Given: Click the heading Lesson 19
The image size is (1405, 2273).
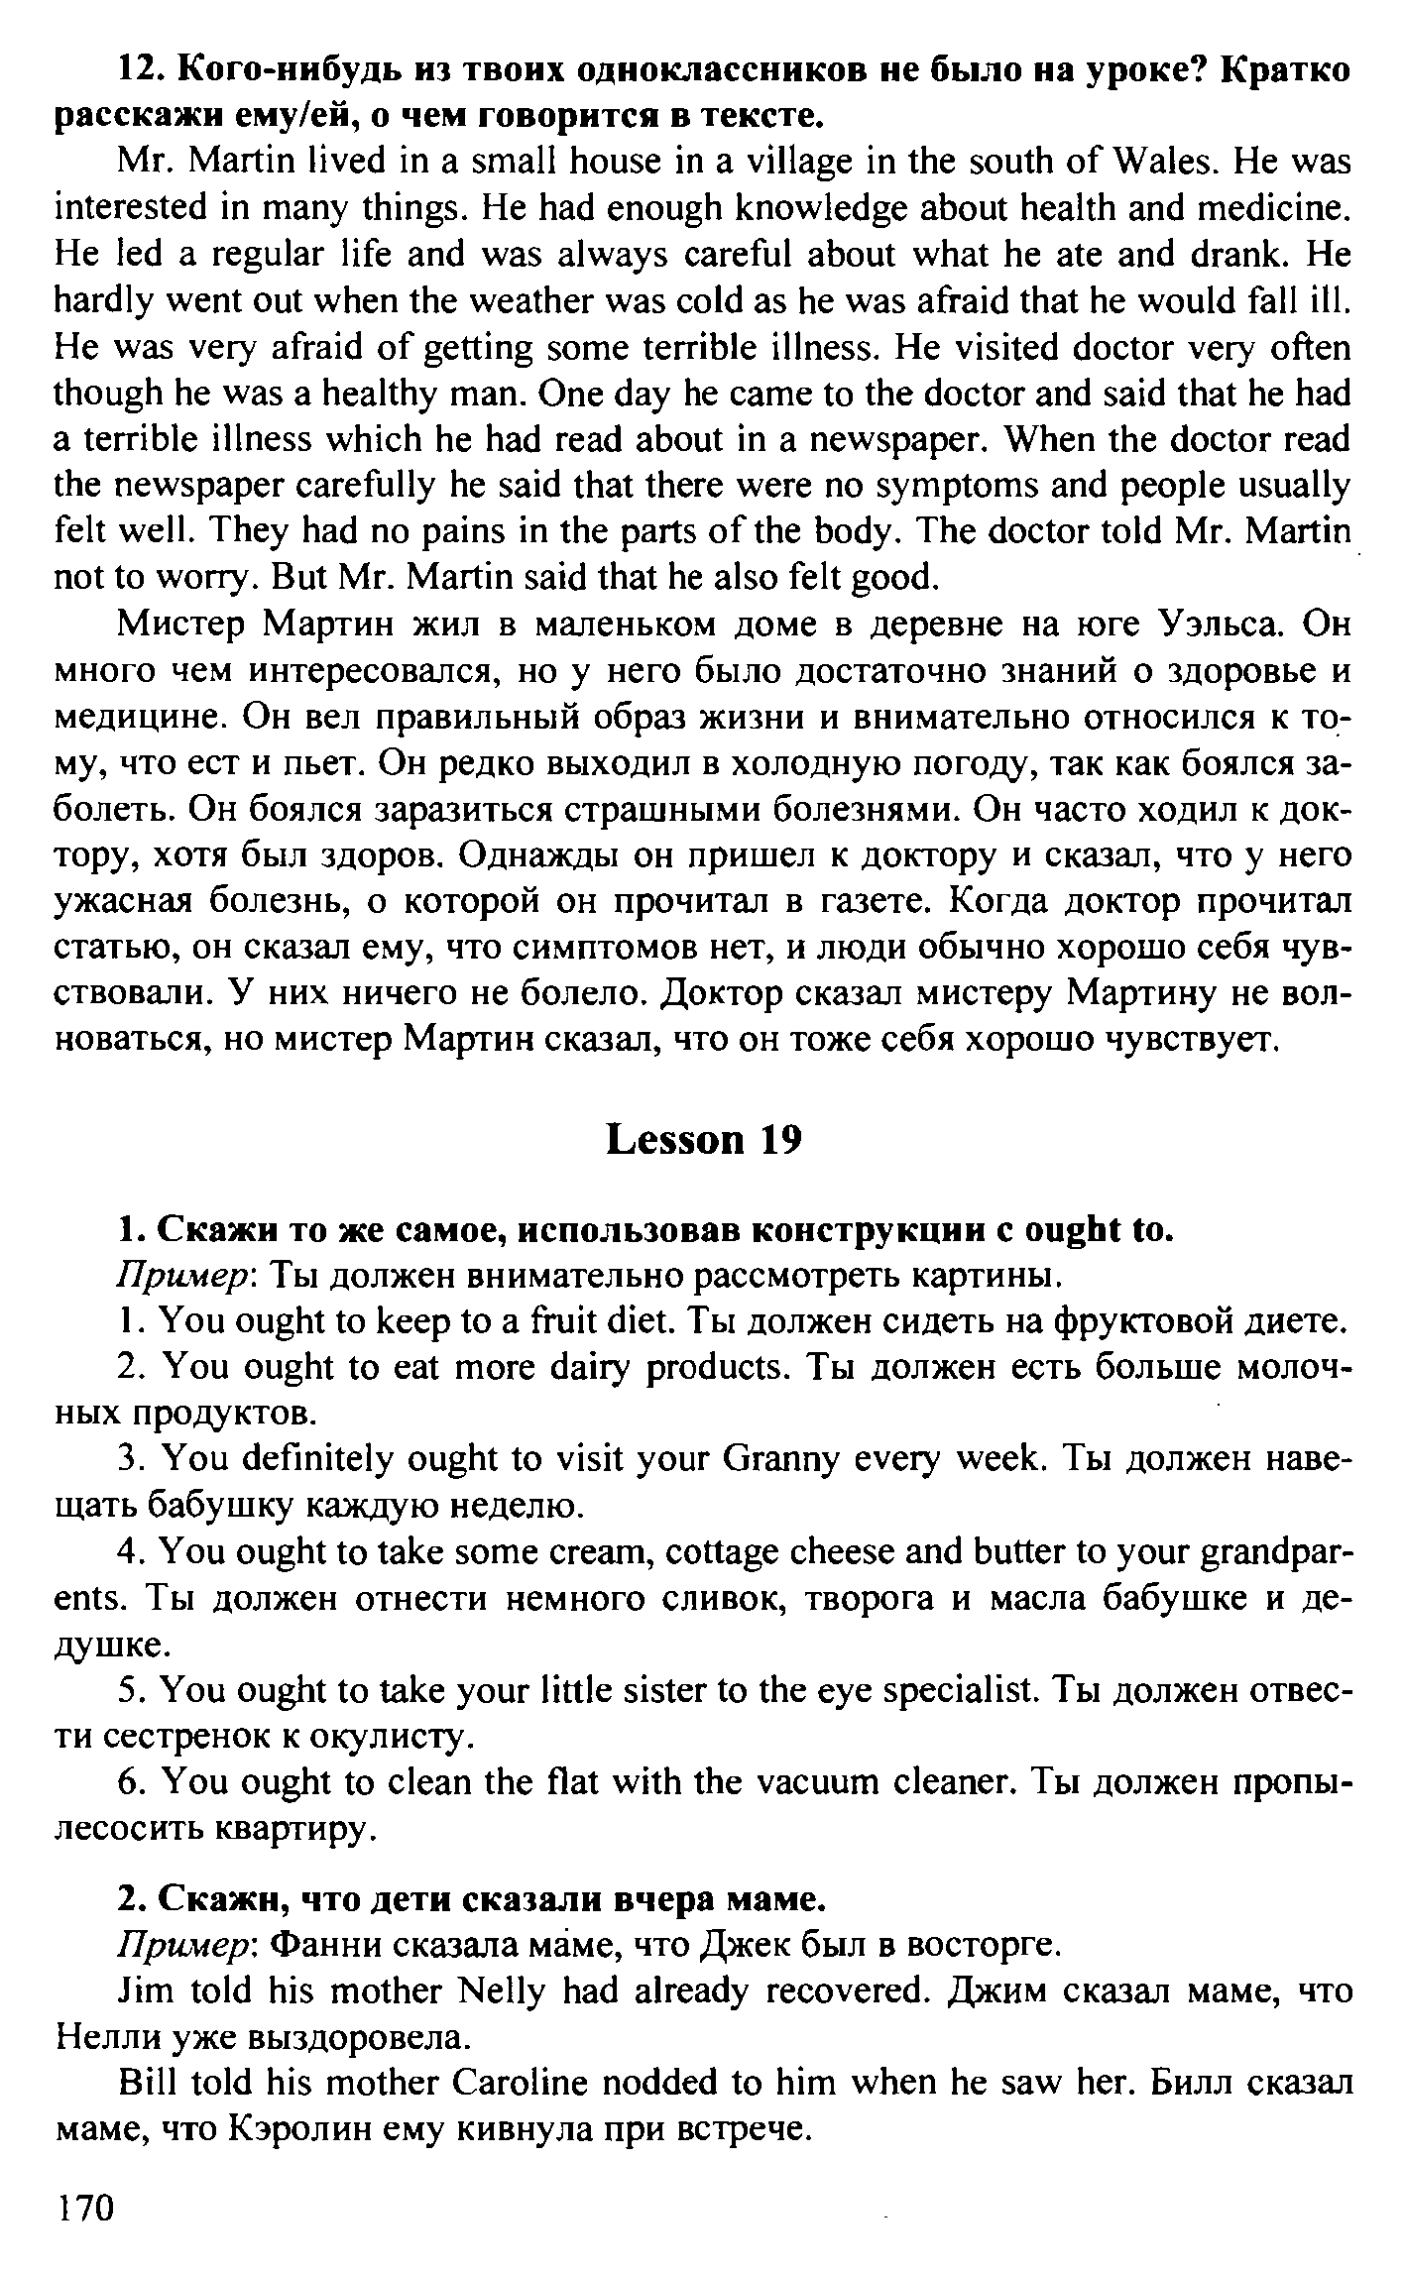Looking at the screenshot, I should point(702,1140).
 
